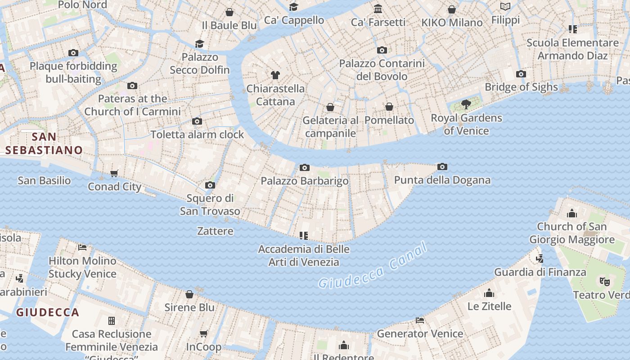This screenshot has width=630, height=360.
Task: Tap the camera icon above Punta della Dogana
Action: (x=442, y=167)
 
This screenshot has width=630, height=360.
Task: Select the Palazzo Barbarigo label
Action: (x=305, y=181)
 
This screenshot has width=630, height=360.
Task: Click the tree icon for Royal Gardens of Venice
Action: (x=466, y=105)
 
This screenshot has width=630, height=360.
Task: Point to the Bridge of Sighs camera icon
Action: (x=521, y=74)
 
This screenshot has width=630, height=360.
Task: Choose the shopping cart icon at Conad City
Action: (x=114, y=173)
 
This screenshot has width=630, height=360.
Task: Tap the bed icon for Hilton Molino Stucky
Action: (x=82, y=247)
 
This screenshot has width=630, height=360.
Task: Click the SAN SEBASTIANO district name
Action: (x=44, y=144)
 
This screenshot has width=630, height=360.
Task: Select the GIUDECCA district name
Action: (x=48, y=312)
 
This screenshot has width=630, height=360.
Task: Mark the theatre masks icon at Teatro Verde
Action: (x=604, y=282)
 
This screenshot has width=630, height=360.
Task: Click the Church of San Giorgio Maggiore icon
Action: (x=572, y=213)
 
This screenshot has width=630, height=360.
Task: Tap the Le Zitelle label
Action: (x=489, y=306)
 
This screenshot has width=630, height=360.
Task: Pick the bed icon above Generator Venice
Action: (x=420, y=320)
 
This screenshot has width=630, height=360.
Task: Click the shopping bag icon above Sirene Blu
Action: (x=189, y=294)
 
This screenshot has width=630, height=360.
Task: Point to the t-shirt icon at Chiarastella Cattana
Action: (x=275, y=75)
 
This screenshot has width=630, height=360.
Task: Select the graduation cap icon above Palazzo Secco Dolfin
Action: (x=199, y=44)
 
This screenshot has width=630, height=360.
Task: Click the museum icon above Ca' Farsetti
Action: (x=378, y=9)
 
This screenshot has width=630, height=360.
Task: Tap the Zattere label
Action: (x=215, y=231)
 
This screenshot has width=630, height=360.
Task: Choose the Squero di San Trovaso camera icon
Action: (x=210, y=185)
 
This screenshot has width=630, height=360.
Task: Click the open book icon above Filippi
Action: (x=505, y=7)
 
